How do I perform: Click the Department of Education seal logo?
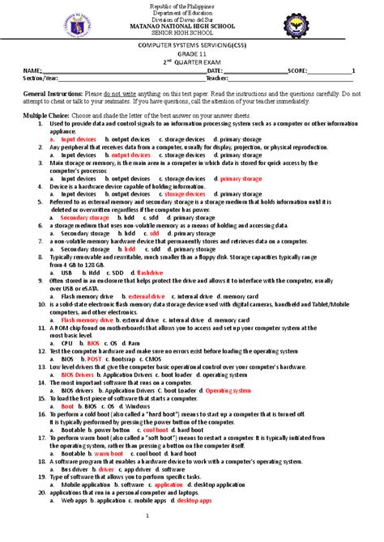coord(50,25)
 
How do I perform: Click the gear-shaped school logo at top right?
coord(335,25)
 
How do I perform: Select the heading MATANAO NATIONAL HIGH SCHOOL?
coord(192,27)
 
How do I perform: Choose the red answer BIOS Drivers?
coord(77,375)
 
